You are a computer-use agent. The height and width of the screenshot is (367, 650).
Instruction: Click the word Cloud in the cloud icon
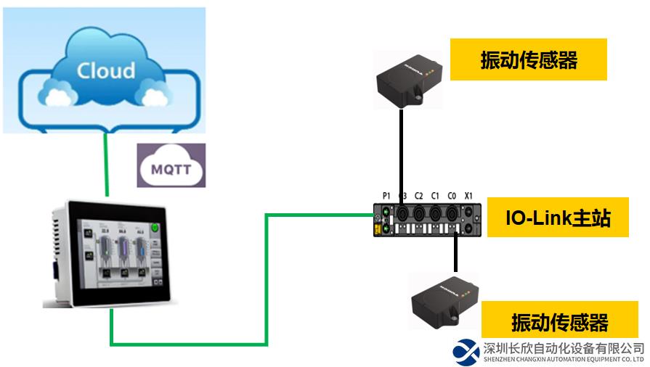(106, 70)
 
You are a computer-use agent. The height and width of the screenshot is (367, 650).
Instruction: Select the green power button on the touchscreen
(155, 228)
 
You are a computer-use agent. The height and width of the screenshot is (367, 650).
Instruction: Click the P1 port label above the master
(386, 196)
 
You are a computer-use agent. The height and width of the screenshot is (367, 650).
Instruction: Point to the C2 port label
(419, 196)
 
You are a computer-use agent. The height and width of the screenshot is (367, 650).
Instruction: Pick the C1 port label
(436, 196)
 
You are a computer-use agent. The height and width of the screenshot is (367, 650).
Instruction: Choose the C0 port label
(452, 196)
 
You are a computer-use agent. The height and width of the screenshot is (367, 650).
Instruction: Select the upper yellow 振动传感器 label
(529, 59)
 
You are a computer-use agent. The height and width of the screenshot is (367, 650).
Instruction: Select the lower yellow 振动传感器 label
(560, 322)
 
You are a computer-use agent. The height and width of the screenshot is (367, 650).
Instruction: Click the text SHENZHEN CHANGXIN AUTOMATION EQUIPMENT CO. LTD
(564, 359)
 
